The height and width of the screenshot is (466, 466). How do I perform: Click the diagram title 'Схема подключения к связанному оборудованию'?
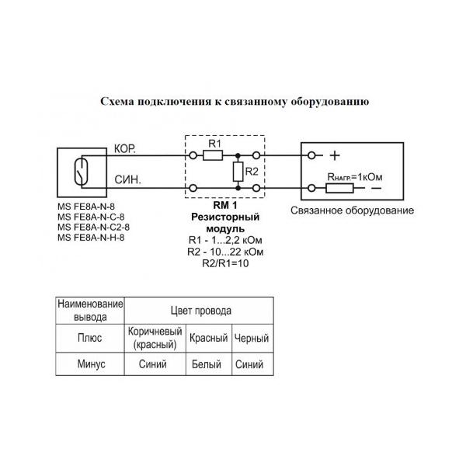pyautogui.click(x=234, y=102)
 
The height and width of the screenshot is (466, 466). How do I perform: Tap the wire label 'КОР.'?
pyautogui.click(x=126, y=148)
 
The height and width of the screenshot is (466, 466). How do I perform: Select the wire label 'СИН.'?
pyautogui.click(x=127, y=179)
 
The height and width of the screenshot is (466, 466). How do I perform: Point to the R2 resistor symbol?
pyautogui.click(x=238, y=171)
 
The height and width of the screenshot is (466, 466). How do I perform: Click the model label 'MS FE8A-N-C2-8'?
pyautogui.click(x=93, y=227)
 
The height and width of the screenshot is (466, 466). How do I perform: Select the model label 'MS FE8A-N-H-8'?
pyautogui.click(x=91, y=237)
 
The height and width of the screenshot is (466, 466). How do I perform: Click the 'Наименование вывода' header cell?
pyautogui.click(x=92, y=311)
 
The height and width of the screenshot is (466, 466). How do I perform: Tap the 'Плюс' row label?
pyautogui.click(x=92, y=338)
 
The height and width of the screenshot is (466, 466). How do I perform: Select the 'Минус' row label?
pyautogui.click(x=92, y=364)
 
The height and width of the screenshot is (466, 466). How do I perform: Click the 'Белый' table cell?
pyautogui.click(x=209, y=364)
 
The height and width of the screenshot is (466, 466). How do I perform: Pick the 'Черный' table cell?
pyautogui.click(x=252, y=338)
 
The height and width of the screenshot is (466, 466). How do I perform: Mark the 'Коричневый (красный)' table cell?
pyautogui.click(x=155, y=338)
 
